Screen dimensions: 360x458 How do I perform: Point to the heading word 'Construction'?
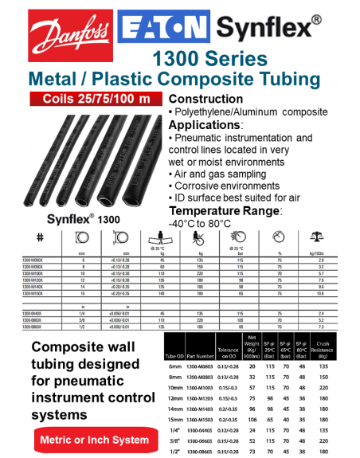pyautogui.click(x=211, y=99)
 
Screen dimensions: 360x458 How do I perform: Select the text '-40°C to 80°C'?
pyautogui.click(x=207, y=224)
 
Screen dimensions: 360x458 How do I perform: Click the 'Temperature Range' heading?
pyautogui.click(x=225, y=210)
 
